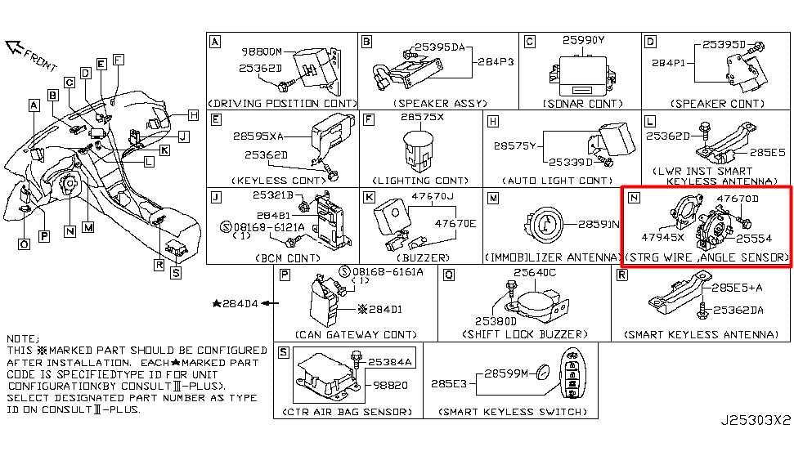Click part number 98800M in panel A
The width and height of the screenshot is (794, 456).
point(261,51)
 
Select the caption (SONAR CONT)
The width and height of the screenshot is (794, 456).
point(582,104)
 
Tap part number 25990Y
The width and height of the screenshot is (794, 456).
point(583,40)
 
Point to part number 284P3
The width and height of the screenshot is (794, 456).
point(496,61)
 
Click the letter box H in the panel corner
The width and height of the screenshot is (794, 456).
point(491,120)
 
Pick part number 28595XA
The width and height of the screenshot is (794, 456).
point(258,136)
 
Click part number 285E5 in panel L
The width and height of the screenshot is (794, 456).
point(767,152)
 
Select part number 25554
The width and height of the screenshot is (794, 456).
point(752,239)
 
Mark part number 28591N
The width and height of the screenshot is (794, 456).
point(599,224)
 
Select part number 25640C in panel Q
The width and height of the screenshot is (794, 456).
point(534,273)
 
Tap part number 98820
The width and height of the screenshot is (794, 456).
point(392,383)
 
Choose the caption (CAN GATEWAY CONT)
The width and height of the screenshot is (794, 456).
point(356,334)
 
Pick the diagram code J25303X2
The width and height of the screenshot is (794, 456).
point(756,421)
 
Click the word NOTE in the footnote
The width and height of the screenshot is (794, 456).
point(21,338)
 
